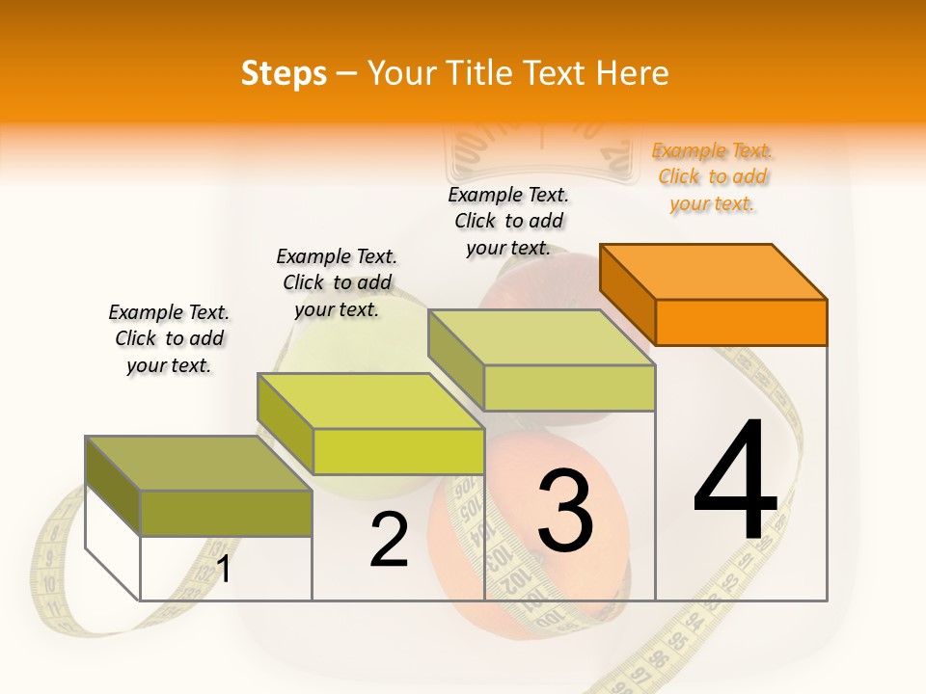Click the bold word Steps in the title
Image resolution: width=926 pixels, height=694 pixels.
pyautogui.click(x=284, y=73)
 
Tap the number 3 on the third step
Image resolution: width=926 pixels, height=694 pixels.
pyautogui.click(x=565, y=510)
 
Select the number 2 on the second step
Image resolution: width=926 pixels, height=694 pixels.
pyautogui.click(x=389, y=540)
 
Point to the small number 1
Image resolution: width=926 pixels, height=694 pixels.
pyautogui.click(x=224, y=570)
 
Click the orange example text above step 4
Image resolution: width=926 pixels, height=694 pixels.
pyautogui.click(x=713, y=177)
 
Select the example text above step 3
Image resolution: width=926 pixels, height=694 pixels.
pyautogui.click(x=509, y=221)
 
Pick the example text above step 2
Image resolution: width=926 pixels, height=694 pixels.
pyautogui.click(x=337, y=282)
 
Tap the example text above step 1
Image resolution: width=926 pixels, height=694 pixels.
pyautogui.click(x=169, y=338)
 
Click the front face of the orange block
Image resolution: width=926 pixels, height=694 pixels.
pyautogui.click(x=741, y=322)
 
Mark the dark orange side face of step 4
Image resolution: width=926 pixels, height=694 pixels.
pyautogui.click(x=628, y=293)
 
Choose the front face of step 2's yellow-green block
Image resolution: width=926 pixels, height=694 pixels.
pyautogui.click(x=398, y=451)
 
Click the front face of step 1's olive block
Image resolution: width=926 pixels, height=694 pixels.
pyautogui.click(x=226, y=513)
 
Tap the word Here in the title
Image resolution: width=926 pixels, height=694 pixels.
pyautogui.click(x=633, y=73)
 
